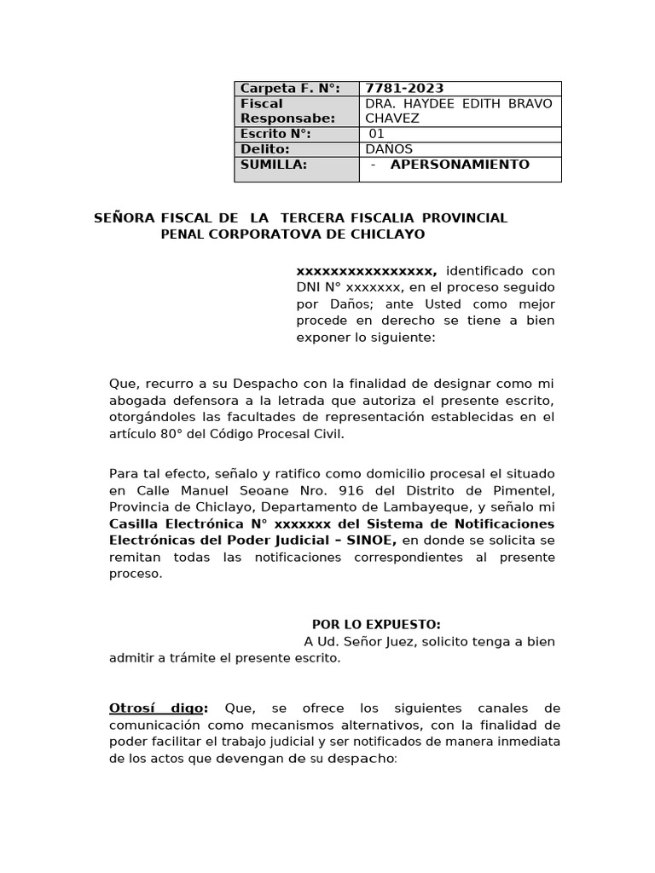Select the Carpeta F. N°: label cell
[x=290, y=89]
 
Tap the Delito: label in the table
[x=265, y=149]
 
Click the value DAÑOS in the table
[x=389, y=149]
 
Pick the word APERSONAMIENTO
[x=460, y=165]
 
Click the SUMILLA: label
[x=273, y=165]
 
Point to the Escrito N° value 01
[x=377, y=134]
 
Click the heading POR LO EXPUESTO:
[x=376, y=625]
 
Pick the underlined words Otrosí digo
[x=159, y=708]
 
